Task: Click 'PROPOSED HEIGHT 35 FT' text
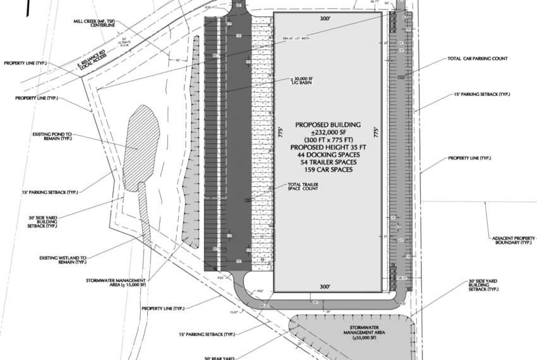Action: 328,147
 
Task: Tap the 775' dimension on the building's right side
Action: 377,133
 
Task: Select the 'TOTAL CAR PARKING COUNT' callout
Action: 477,59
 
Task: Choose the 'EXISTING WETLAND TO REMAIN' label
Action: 63,260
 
